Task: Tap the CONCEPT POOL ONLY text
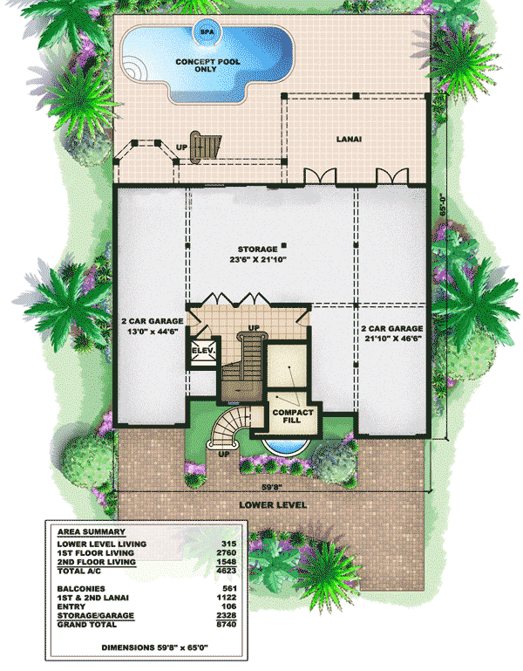click(207, 67)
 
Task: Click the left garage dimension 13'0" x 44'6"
click(150, 331)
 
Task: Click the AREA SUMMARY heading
click(90, 531)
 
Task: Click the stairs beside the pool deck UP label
click(207, 146)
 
